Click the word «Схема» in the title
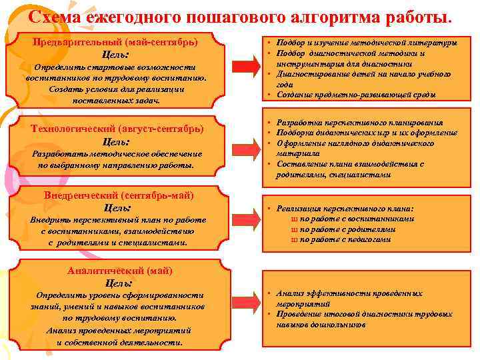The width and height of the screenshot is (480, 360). click(60, 15)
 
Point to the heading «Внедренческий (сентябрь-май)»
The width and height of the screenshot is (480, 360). click(119, 195)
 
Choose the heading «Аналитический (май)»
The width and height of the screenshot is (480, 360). click(120, 271)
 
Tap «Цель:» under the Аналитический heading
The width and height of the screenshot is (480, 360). click(119, 283)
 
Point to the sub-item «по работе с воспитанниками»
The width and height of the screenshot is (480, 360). click(357, 219)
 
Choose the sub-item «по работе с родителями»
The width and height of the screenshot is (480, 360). click(347, 229)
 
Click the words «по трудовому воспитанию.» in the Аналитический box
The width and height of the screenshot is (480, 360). click(117, 319)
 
